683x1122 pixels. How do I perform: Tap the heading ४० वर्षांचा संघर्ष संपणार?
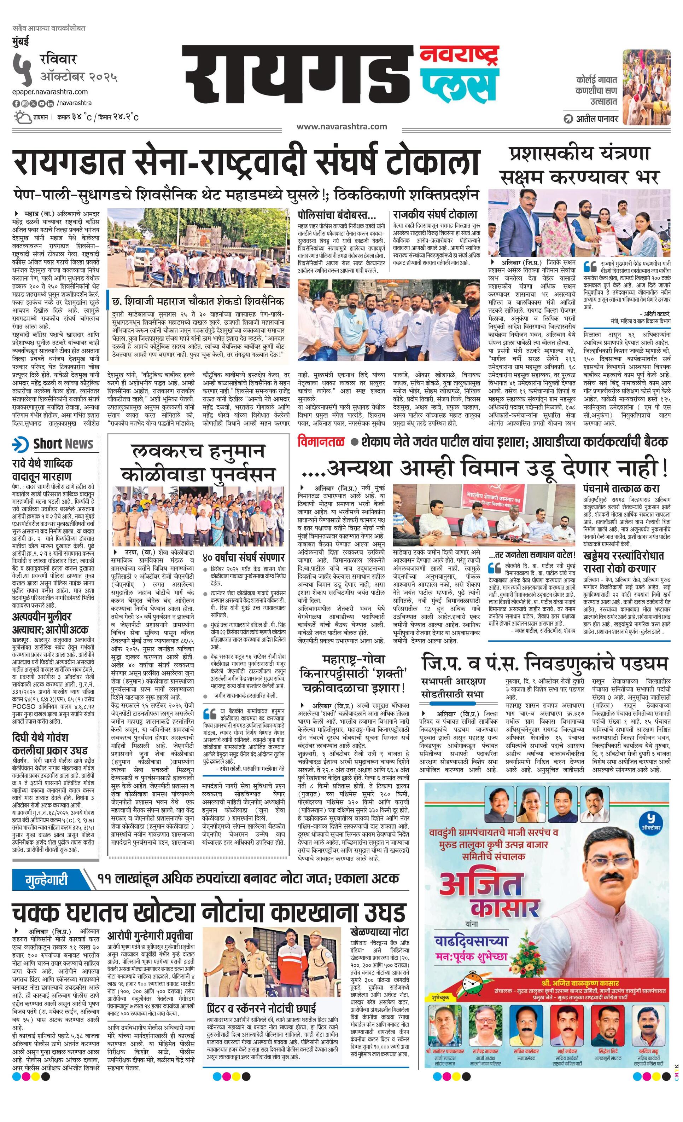point(244,557)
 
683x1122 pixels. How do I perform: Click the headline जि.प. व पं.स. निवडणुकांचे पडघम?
point(544,663)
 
